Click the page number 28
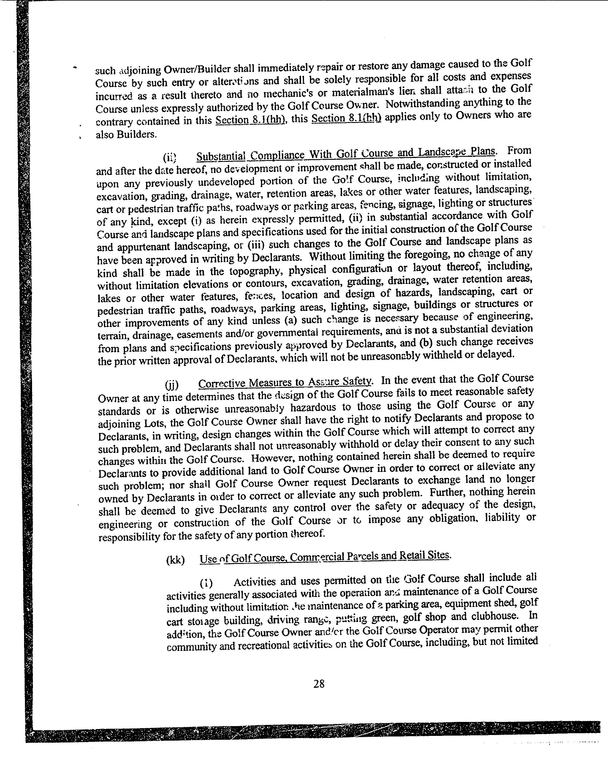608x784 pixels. pyautogui.click(x=319, y=684)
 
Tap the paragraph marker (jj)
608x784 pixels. pyautogui.click(x=172, y=385)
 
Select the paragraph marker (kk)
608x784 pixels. pyautogui.click(x=175, y=560)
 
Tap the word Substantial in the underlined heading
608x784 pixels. pyautogui.click(x=221, y=156)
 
